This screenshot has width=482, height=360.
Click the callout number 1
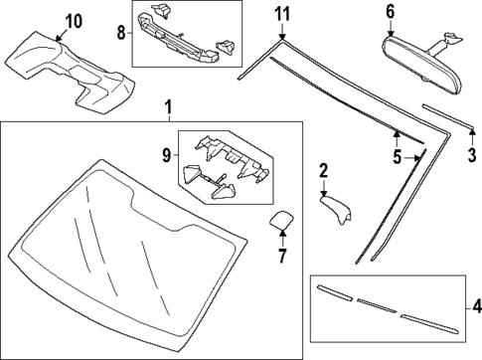tap(168, 106)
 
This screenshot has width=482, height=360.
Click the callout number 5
tap(397, 157)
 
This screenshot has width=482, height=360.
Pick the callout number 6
tap(390, 12)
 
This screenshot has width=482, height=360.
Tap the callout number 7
tap(281, 257)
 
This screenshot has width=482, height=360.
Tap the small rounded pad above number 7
tap(281, 221)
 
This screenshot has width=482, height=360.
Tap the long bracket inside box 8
tap(185, 39)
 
